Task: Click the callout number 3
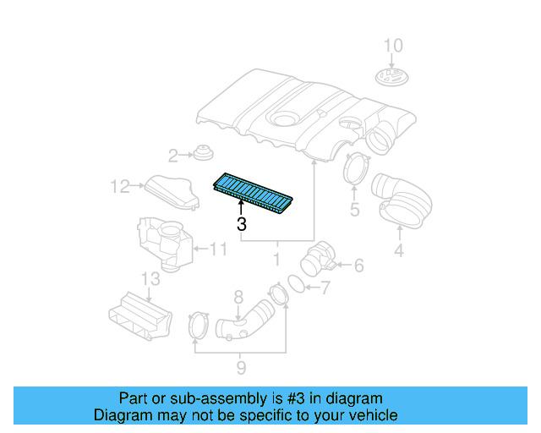[242, 224]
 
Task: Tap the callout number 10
[394, 46]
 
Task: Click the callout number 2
[172, 156]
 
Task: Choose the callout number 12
[118, 185]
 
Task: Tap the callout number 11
[219, 249]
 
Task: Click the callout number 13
[149, 280]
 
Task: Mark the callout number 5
[355, 209]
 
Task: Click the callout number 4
[398, 249]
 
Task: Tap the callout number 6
[358, 266]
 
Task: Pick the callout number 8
[238, 296]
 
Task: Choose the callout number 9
[241, 367]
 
